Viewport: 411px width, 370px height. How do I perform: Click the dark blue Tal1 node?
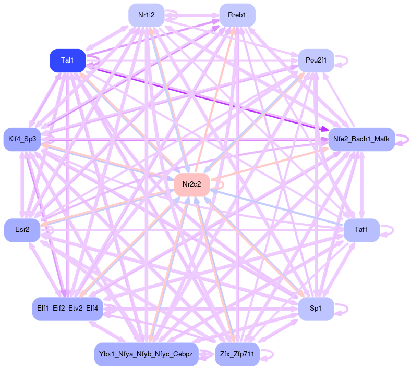pyautogui.click(x=67, y=60)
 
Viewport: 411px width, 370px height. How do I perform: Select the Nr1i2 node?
pyautogui.click(x=146, y=15)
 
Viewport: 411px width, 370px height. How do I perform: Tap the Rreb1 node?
pyautogui.click(x=237, y=15)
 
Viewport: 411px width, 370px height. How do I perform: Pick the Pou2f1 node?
pyautogui.click(x=315, y=60)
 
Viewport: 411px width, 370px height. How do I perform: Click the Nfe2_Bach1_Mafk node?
pyautogui.click(x=361, y=139)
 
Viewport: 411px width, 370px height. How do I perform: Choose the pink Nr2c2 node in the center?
pyautogui.click(x=191, y=184)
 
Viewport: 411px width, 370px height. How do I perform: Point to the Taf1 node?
pyautogui.click(x=361, y=230)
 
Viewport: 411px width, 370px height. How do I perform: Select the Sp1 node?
pyautogui.click(x=316, y=309)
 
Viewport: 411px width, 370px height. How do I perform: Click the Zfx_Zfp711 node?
pyautogui.click(x=237, y=354)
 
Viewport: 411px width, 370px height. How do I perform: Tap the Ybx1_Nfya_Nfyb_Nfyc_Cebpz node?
pyautogui.click(x=146, y=354)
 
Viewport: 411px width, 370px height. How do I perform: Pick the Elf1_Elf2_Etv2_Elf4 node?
pyautogui.click(x=68, y=309)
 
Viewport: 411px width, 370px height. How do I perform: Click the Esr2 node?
pyautogui.click(x=22, y=230)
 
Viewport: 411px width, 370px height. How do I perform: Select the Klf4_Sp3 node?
pyautogui.click(x=22, y=139)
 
